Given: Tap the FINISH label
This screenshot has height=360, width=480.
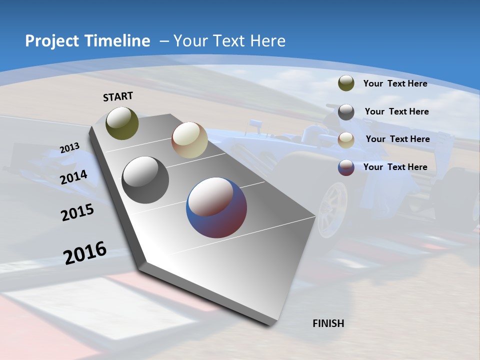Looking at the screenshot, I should tap(328, 323).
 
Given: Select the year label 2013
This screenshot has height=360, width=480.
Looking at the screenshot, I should tap(69, 148).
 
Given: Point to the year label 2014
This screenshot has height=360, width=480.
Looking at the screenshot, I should tap(73, 177).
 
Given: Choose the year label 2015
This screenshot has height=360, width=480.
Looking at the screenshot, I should tap(77, 212).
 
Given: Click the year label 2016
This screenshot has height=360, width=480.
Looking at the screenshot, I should tap(85, 253).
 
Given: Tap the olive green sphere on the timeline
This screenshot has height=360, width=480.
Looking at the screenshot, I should tap(122, 123).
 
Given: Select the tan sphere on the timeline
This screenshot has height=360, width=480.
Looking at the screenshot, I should tap(189, 140).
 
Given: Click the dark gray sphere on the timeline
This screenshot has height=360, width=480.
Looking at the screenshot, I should tap(145, 180).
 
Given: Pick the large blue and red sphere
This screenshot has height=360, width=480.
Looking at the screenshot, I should tap(216, 207).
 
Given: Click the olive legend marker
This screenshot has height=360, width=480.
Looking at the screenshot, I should tap(346, 83).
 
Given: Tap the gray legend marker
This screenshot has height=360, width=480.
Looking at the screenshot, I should tap(346, 112).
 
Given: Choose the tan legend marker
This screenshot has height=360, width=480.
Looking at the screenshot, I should tap(346, 139).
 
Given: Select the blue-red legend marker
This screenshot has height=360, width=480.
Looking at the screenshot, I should tap(346, 167).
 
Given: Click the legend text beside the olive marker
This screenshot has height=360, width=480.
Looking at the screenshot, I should tap(395, 83).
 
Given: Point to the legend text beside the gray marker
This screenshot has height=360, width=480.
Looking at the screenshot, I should tap(396, 111).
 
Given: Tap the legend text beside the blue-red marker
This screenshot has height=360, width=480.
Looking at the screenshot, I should tap(395, 167).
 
